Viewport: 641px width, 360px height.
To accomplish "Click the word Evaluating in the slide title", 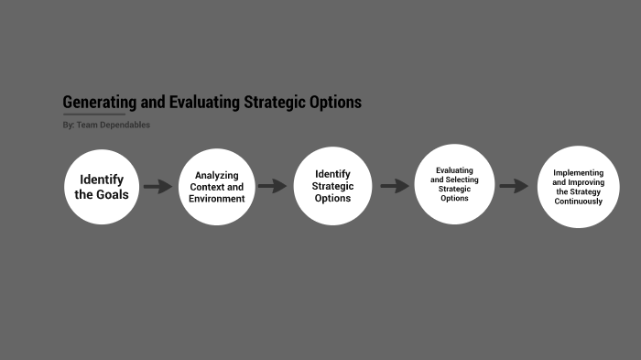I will [x=201, y=103].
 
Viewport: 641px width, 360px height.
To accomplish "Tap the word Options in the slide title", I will [x=335, y=103].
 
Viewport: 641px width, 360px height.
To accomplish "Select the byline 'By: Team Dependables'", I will [x=106, y=125].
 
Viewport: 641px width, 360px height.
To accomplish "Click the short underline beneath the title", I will [x=93, y=115].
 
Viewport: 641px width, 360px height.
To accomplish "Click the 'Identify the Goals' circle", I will [x=102, y=187].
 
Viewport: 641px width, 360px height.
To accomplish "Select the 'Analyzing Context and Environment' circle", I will [x=216, y=187].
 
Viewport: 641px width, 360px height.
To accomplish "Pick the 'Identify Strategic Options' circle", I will [x=332, y=186].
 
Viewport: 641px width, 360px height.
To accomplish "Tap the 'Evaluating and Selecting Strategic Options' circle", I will [x=454, y=184].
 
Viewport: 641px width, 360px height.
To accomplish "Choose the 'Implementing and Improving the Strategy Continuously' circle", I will [x=578, y=187].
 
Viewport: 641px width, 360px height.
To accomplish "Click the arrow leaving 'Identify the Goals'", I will [x=158, y=187].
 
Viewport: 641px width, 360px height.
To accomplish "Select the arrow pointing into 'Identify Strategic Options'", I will [x=273, y=186].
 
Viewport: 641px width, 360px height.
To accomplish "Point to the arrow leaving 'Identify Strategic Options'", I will [x=395, y=186].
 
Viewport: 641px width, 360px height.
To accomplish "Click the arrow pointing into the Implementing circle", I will [x=515, y=186].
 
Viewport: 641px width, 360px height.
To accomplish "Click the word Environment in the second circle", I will [x=217, y=199].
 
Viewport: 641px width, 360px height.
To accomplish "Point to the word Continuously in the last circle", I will [x=578, y=202].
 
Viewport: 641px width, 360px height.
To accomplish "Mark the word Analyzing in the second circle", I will [x=217, y=175].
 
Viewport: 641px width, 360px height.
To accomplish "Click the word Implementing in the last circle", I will [x=578, y=172].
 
